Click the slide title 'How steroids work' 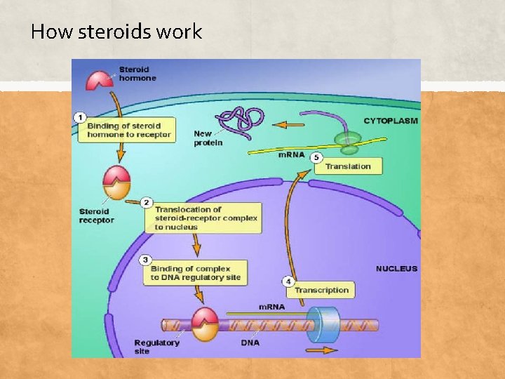[x=116, y=32]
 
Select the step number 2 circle [x=147, y=203]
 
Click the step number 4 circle [x=288, y=281]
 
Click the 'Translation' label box [x=348, y=166]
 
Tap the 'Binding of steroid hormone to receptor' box [x=125, y=131]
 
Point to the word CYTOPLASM [x=390, y=121]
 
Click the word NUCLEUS [x=396, y=269]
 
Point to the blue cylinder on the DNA [x=323, y=324]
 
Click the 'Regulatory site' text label [x=156, y=346]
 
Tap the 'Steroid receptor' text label [x=95, y=215]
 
